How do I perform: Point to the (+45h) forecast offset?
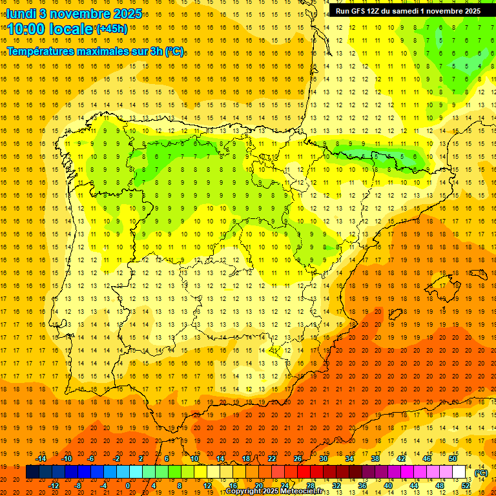(111, 29)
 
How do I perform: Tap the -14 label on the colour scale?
(41, 459)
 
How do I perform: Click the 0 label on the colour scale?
(128, 486)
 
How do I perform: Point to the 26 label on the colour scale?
(298, 459)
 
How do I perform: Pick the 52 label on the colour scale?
(466, 486)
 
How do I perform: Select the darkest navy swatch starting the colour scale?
(32, 472)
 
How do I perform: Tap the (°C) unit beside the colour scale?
(480, 473)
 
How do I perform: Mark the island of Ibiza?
(395, 315)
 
